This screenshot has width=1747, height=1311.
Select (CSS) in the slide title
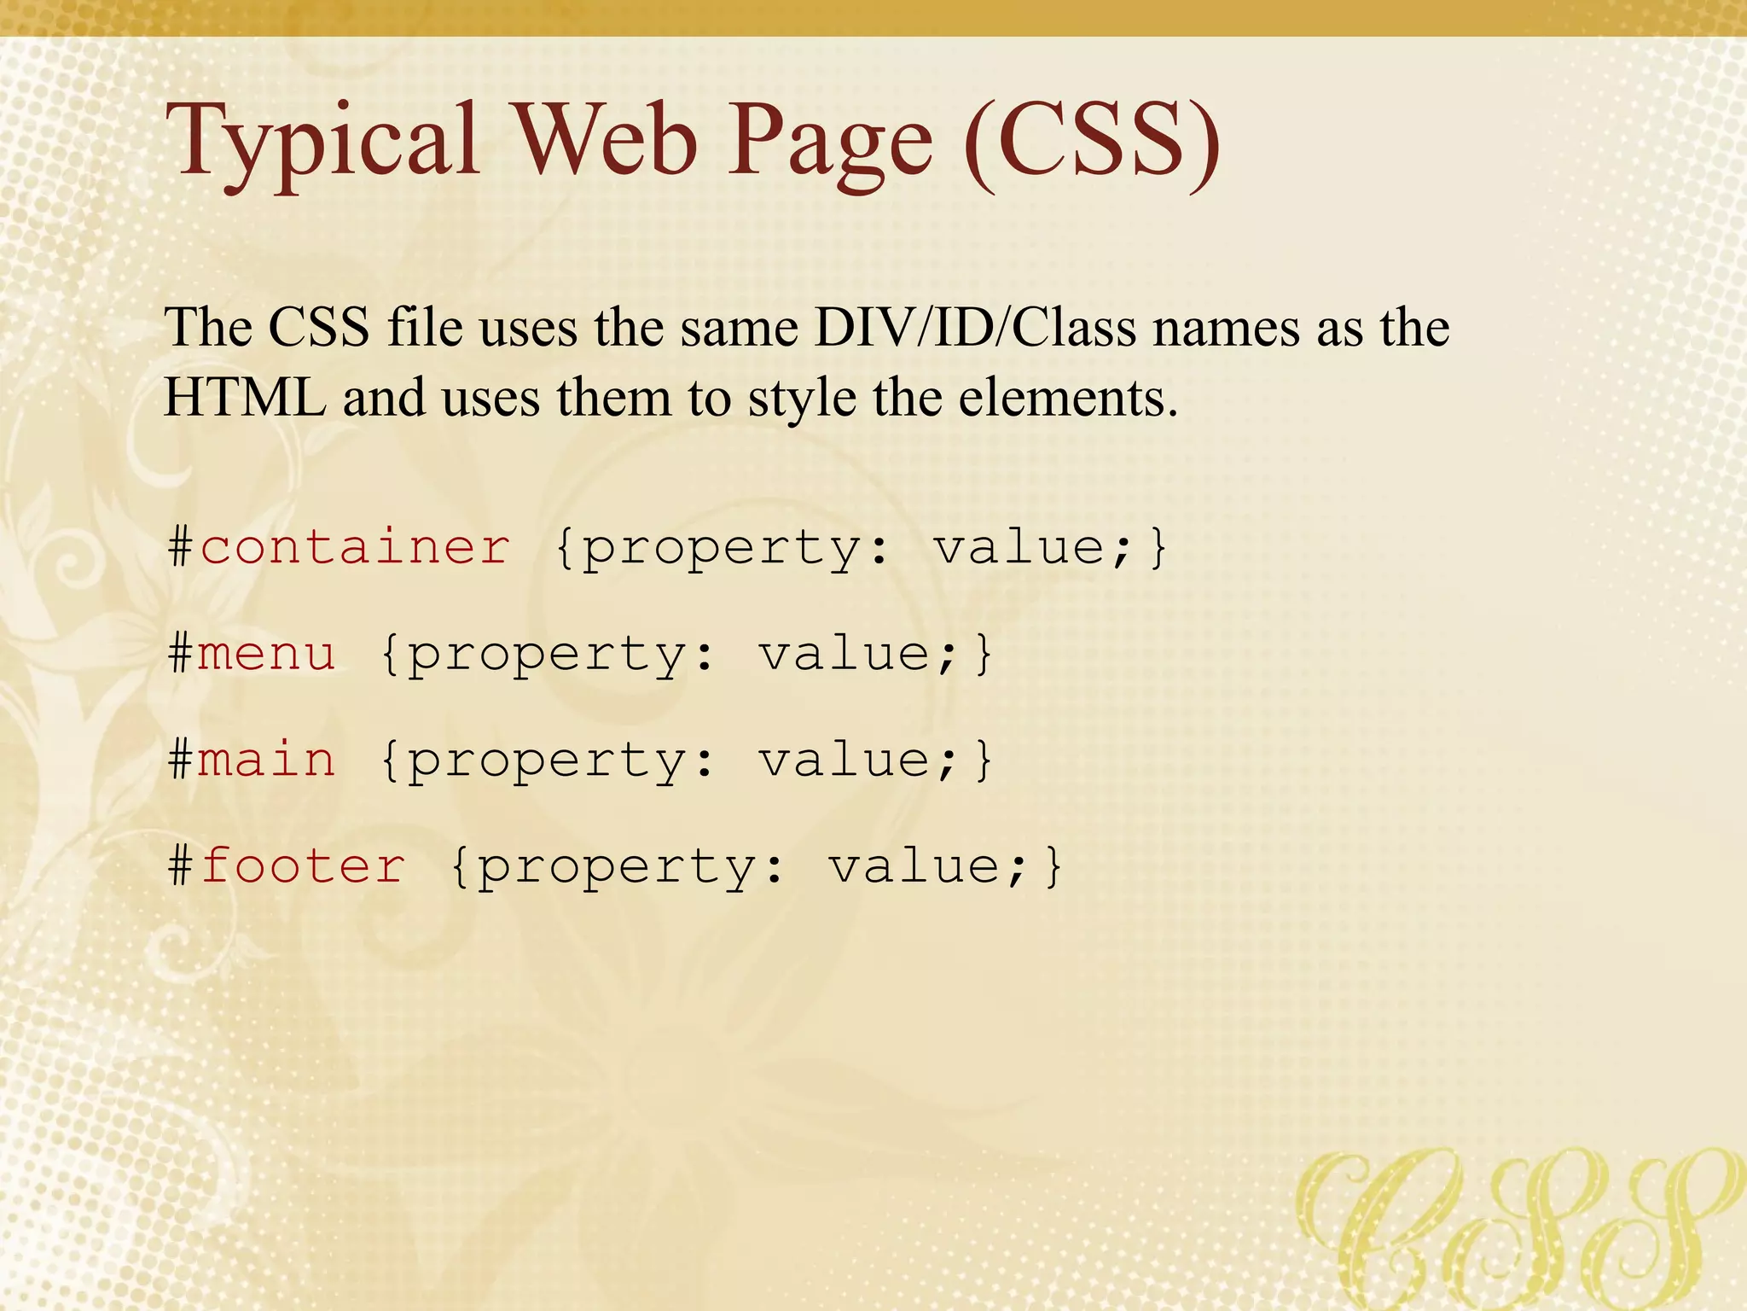click(1092, 141)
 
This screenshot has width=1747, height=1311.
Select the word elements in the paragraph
click(1067, 398)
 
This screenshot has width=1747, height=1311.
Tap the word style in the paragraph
click(802, 399)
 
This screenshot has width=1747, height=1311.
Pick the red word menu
click(267, 654)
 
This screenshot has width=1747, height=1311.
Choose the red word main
click(267, 759)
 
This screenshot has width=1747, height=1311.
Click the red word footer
click(303, 865)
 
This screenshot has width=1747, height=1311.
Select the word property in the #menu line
click(546, 655)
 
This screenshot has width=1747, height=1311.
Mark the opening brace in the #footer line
click(459, 865)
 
